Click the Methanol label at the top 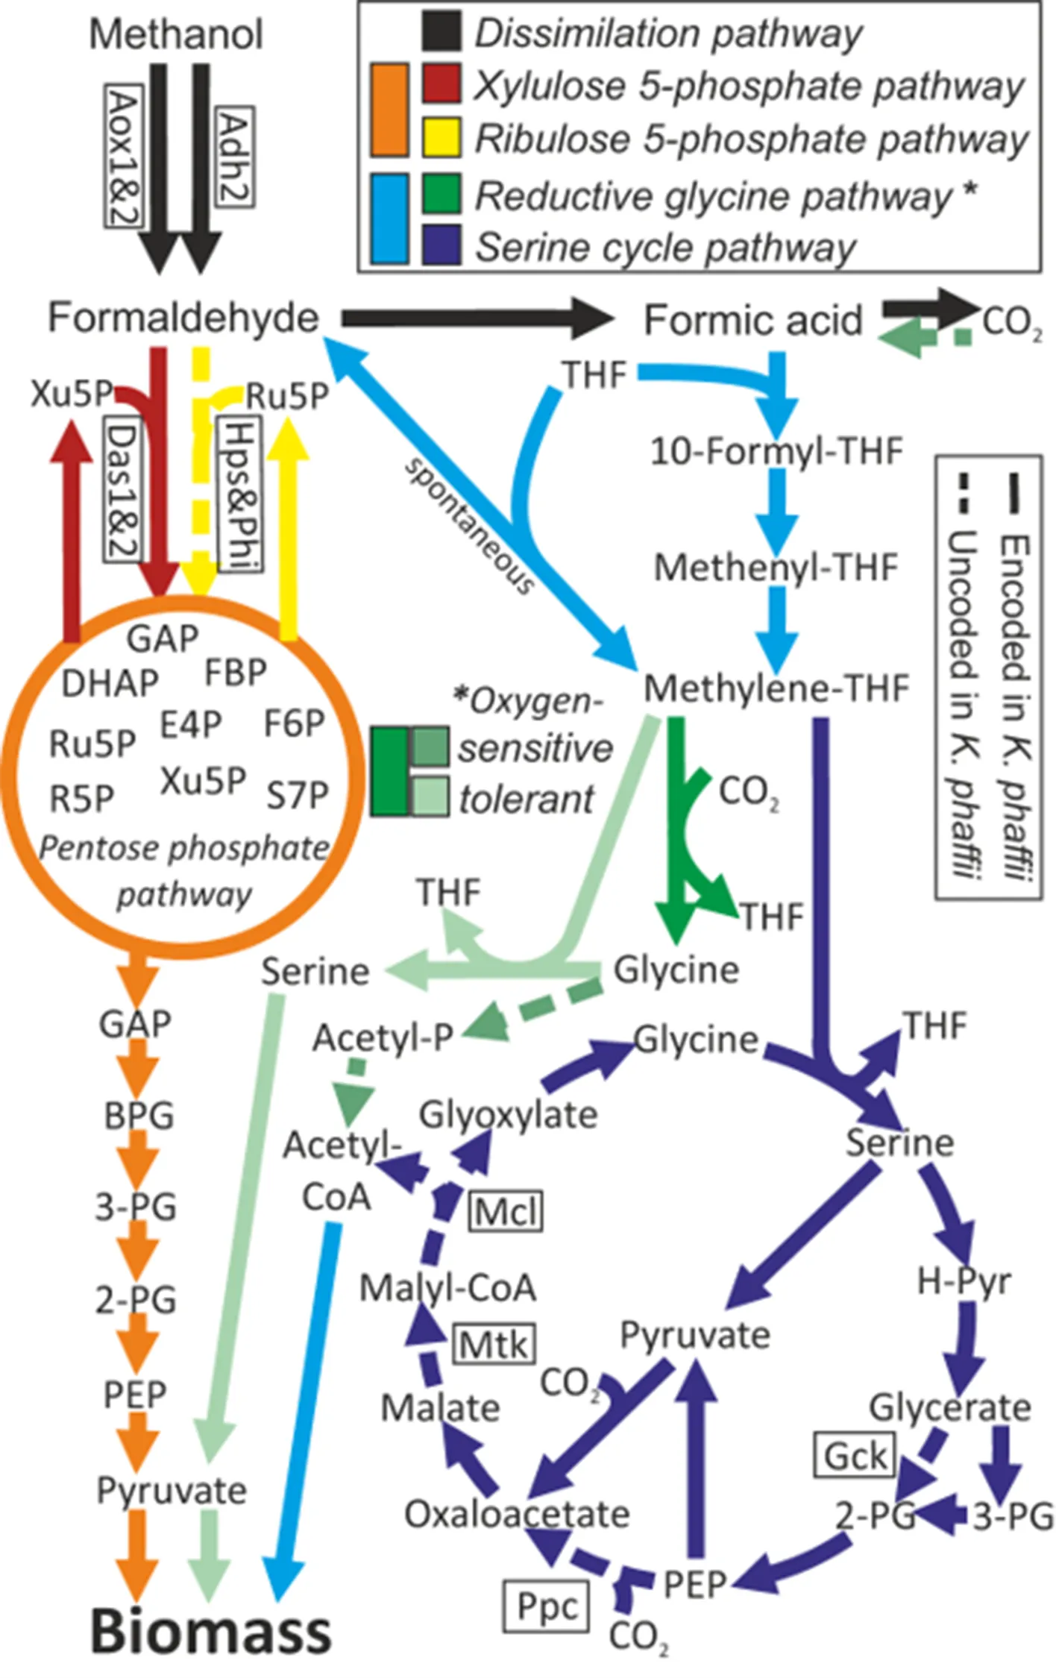click(x=176, y=34)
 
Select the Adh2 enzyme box click(x=234, y=157)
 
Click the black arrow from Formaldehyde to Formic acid click(x=477, y=319)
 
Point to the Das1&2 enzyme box click(x=122, y=489)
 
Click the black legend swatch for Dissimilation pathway click(x=441, y=33)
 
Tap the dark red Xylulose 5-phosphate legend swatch click(x=441, y=84)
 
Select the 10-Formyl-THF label click(x=776, y=451)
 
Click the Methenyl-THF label click(x=776, y=568)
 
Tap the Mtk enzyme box click(x=494, y=1344)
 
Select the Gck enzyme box click(x=855, y=1454)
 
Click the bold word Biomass click(x=211, y=1630)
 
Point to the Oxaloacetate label click(x=517, y=1514)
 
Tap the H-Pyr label click(x=964, y=1281)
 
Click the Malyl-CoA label click(x=447, y=1288)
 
